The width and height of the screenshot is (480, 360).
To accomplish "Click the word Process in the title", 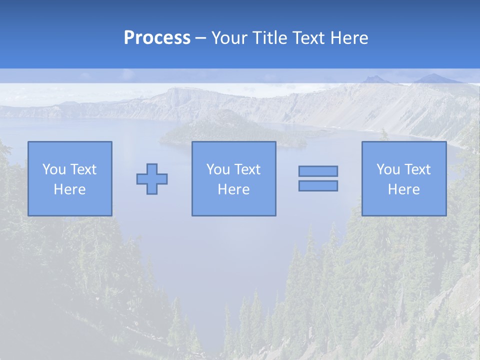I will point(157,38).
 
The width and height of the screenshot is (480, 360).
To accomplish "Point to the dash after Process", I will point(201,38).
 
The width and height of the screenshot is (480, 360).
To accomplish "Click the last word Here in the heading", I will point(350,38).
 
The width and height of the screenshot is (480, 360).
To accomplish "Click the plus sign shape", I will point(152,178).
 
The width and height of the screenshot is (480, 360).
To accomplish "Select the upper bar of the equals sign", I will point(318,171).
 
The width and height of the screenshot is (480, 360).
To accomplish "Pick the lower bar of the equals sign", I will point(318,185).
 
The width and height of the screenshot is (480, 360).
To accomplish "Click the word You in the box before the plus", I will point(54,169).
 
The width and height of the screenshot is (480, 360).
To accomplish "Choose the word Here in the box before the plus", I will point(69,189).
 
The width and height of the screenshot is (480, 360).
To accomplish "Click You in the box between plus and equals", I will point(218,169).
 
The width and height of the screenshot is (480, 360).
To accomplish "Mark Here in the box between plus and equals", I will point(233,189).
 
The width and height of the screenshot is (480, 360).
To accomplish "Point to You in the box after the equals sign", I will point(388,169).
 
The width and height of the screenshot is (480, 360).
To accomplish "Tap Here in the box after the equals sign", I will point(403,189).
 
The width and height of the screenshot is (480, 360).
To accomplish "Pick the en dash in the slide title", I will point(201,38).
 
